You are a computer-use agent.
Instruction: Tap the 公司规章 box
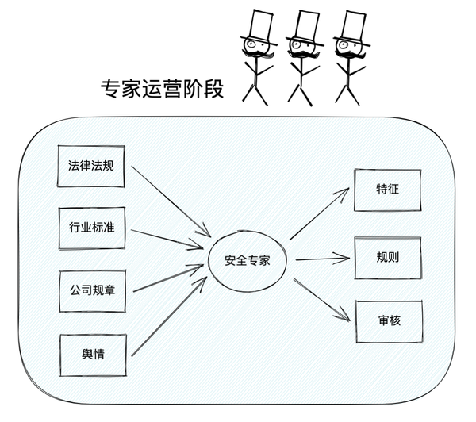click(92, 290)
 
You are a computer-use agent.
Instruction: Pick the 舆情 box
click(92, 355)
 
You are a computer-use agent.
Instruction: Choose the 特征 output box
click(388, 190)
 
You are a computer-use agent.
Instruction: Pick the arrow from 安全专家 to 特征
click(319, 214)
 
